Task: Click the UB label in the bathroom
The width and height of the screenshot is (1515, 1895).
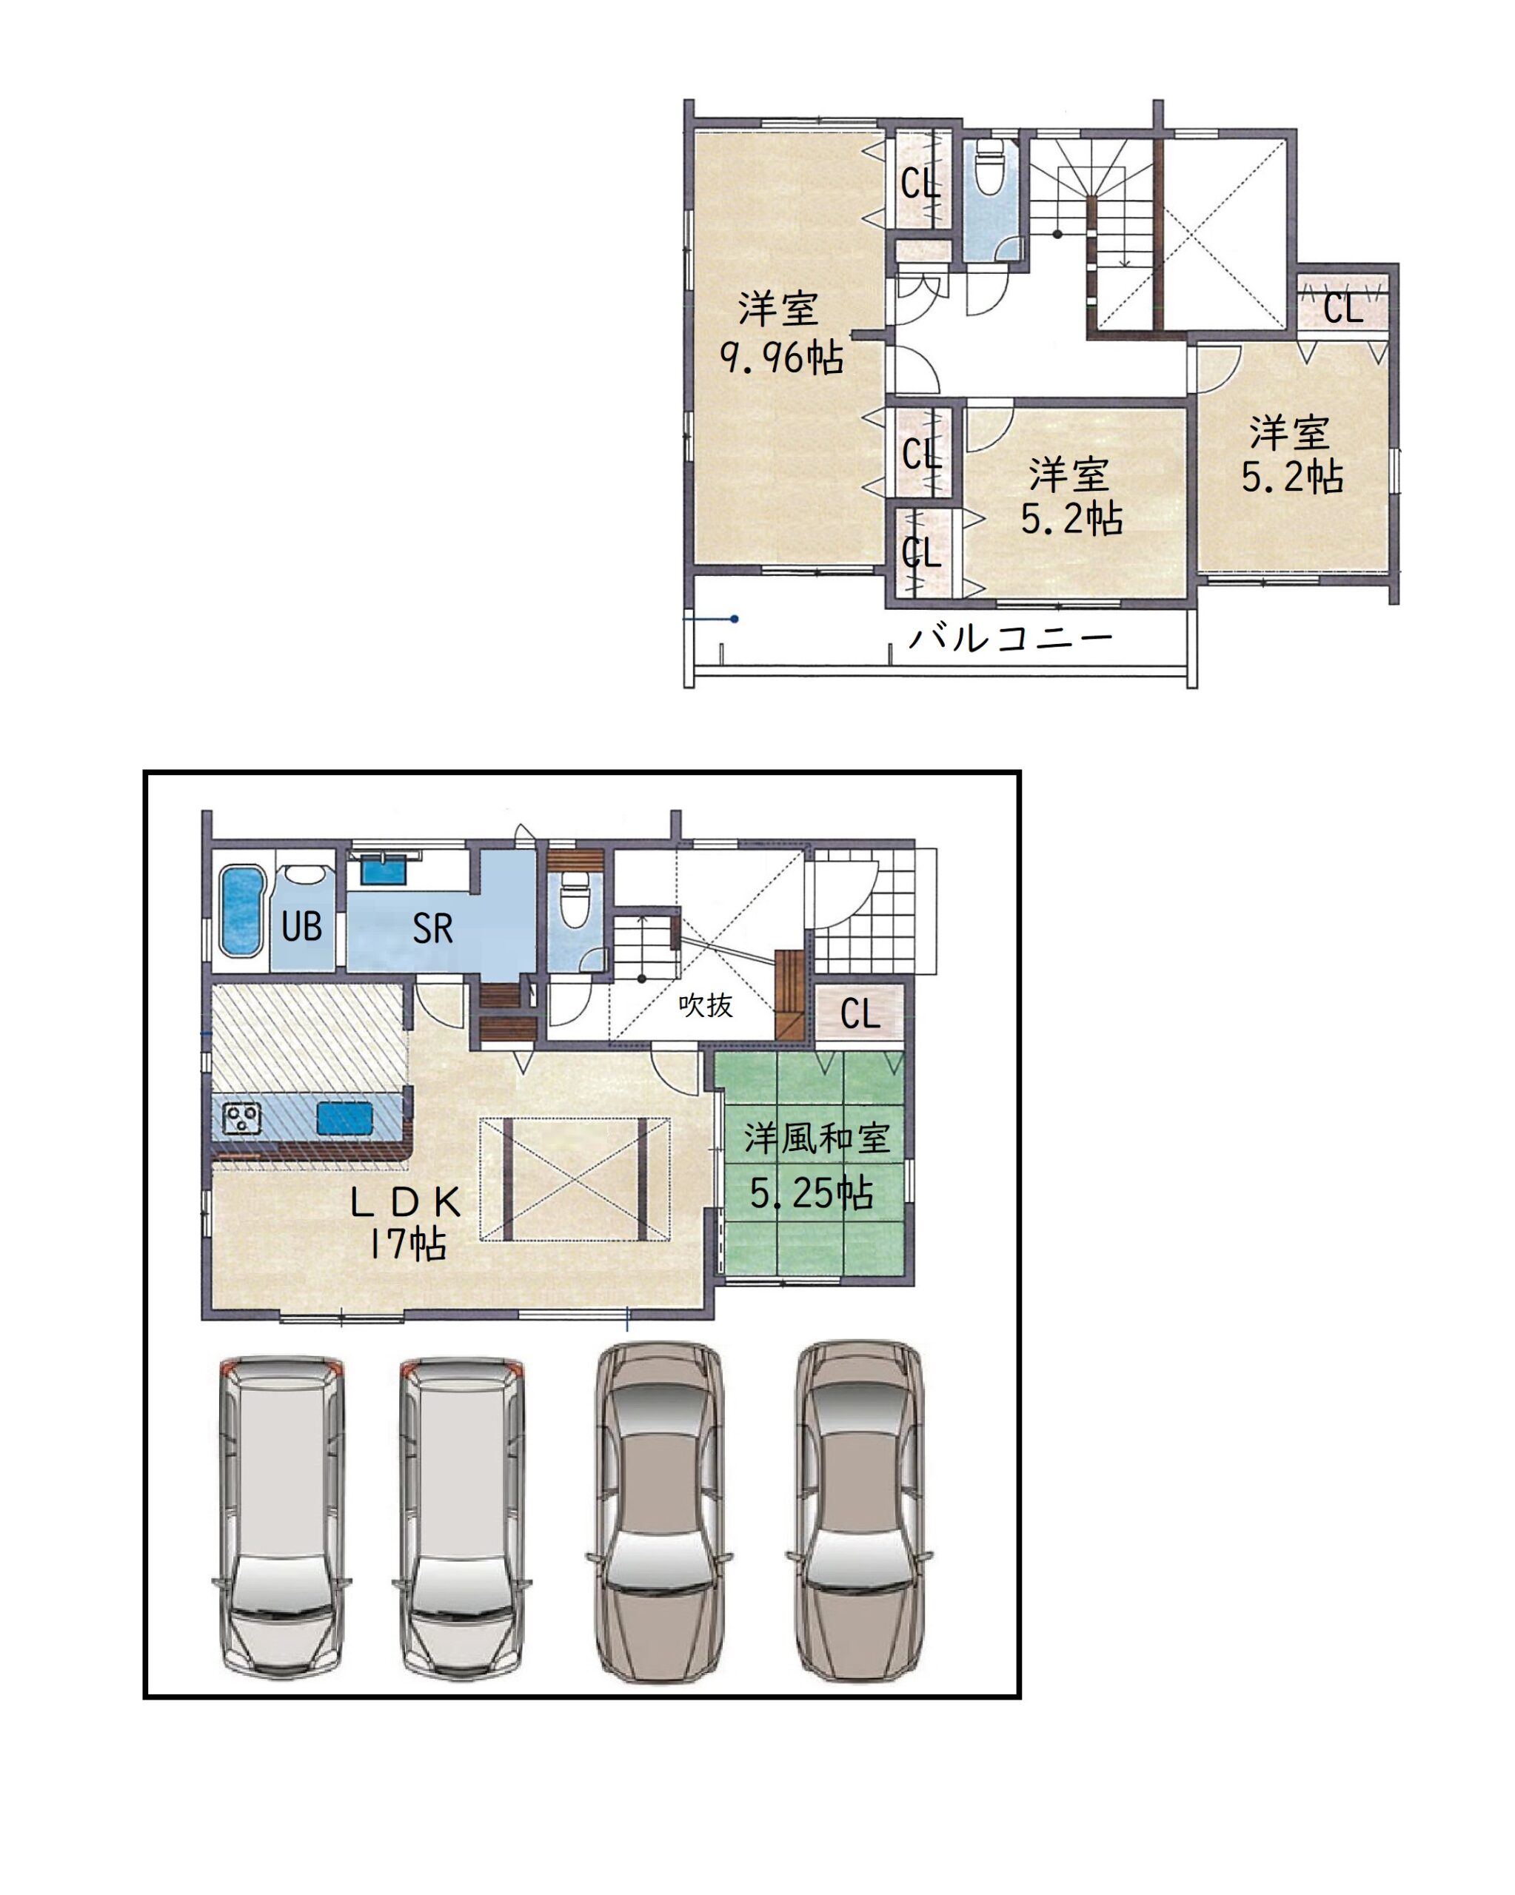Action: (301, 927)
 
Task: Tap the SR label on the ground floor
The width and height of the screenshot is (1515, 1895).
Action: (432, 928)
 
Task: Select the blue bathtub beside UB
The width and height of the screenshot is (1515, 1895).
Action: (241, 910)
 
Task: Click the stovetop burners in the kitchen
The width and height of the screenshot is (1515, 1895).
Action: (242, 1117)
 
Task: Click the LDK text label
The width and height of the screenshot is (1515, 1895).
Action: (405, 1201)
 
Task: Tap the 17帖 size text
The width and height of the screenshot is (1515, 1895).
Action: (408, 1243)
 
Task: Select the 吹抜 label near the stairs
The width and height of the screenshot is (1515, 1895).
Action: (705, 1004)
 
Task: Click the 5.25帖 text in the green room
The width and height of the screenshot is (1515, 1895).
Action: (811, 1193)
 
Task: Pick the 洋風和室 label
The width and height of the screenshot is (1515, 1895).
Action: (817, 1138)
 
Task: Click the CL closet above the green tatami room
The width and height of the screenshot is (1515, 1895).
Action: (859, 1013)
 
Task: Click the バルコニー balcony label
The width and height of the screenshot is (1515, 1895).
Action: (1010, 637)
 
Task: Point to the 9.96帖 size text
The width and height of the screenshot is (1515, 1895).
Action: (782, 356)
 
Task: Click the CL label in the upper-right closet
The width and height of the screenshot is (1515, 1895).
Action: (1342, 308)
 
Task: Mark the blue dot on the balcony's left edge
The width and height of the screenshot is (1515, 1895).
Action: (735, 619)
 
